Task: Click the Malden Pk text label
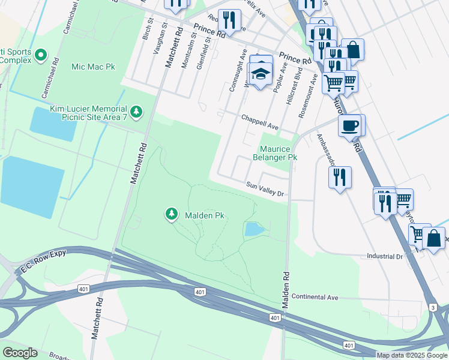point(204,215)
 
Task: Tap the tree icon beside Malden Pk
point(172,214)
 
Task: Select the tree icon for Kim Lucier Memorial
point(137,111)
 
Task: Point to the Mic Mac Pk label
point(93,67)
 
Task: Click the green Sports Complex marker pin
point(41,56)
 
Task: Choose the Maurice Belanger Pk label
point(278,153)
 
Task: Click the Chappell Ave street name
point(260,123)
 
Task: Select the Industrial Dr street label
point(385,256)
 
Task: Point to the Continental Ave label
point(315,297)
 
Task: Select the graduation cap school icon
point(261,74)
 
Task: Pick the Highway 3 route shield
point(433,307)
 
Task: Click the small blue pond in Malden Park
point(254,229)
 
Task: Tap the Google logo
point(20,353)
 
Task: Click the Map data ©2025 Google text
point(412,355)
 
